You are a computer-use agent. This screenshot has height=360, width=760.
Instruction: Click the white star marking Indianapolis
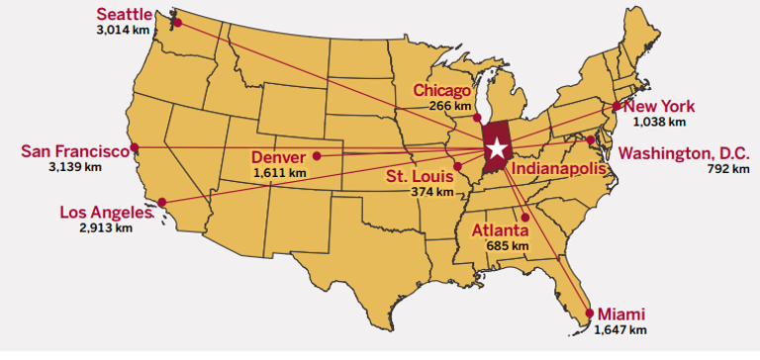click(x=497, y=149)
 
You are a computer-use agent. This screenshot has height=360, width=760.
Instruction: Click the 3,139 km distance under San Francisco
click(x=75, y=167)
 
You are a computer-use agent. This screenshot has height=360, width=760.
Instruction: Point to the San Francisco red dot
click(x=136, y=147)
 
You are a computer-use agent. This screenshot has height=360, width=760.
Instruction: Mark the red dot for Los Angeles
click(x=162, y=203)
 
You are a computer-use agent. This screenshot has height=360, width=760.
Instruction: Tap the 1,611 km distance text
click(x=280, y=173)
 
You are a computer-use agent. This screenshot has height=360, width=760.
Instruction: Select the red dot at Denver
click(x=317, y=155)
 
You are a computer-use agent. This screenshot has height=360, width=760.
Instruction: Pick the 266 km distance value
click(x=450, y=106)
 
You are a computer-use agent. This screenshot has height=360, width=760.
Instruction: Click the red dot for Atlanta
click(x=525, y=217)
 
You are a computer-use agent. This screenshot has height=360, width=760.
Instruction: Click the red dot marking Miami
click(x=590, y=314)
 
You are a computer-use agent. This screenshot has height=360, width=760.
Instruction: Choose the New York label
click(x=660, y=107)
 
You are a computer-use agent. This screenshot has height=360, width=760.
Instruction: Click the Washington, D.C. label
click(x=684, y=153)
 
